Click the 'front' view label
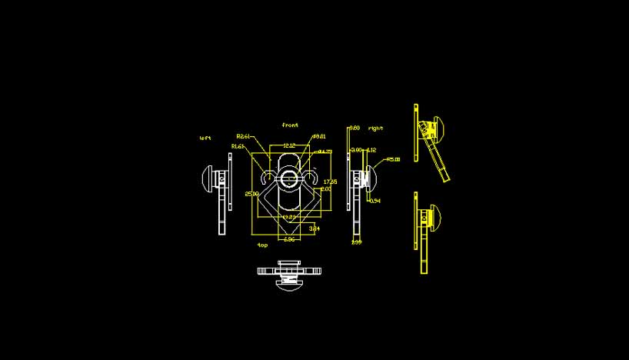[x=290, y=125]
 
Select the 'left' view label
[x=205, y=138]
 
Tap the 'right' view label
[x=376, y=128]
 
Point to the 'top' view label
[x=262, y=245]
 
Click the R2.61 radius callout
[x=244, y=136]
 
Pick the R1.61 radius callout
[x=238, y=146]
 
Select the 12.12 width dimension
[x=289, y=145]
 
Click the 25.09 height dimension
[x=251, y=194]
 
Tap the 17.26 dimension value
[x=330, y=182]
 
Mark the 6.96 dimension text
[x=289, y=240]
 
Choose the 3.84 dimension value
[x=314, y=228]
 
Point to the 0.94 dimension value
[x=375, y=201]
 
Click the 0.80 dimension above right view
[x=355, y=128]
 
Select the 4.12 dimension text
[x=371, y=150]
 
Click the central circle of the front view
[x=290, y=179]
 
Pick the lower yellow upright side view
[x=425, y=231]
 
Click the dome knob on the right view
[x=371, y=180]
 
